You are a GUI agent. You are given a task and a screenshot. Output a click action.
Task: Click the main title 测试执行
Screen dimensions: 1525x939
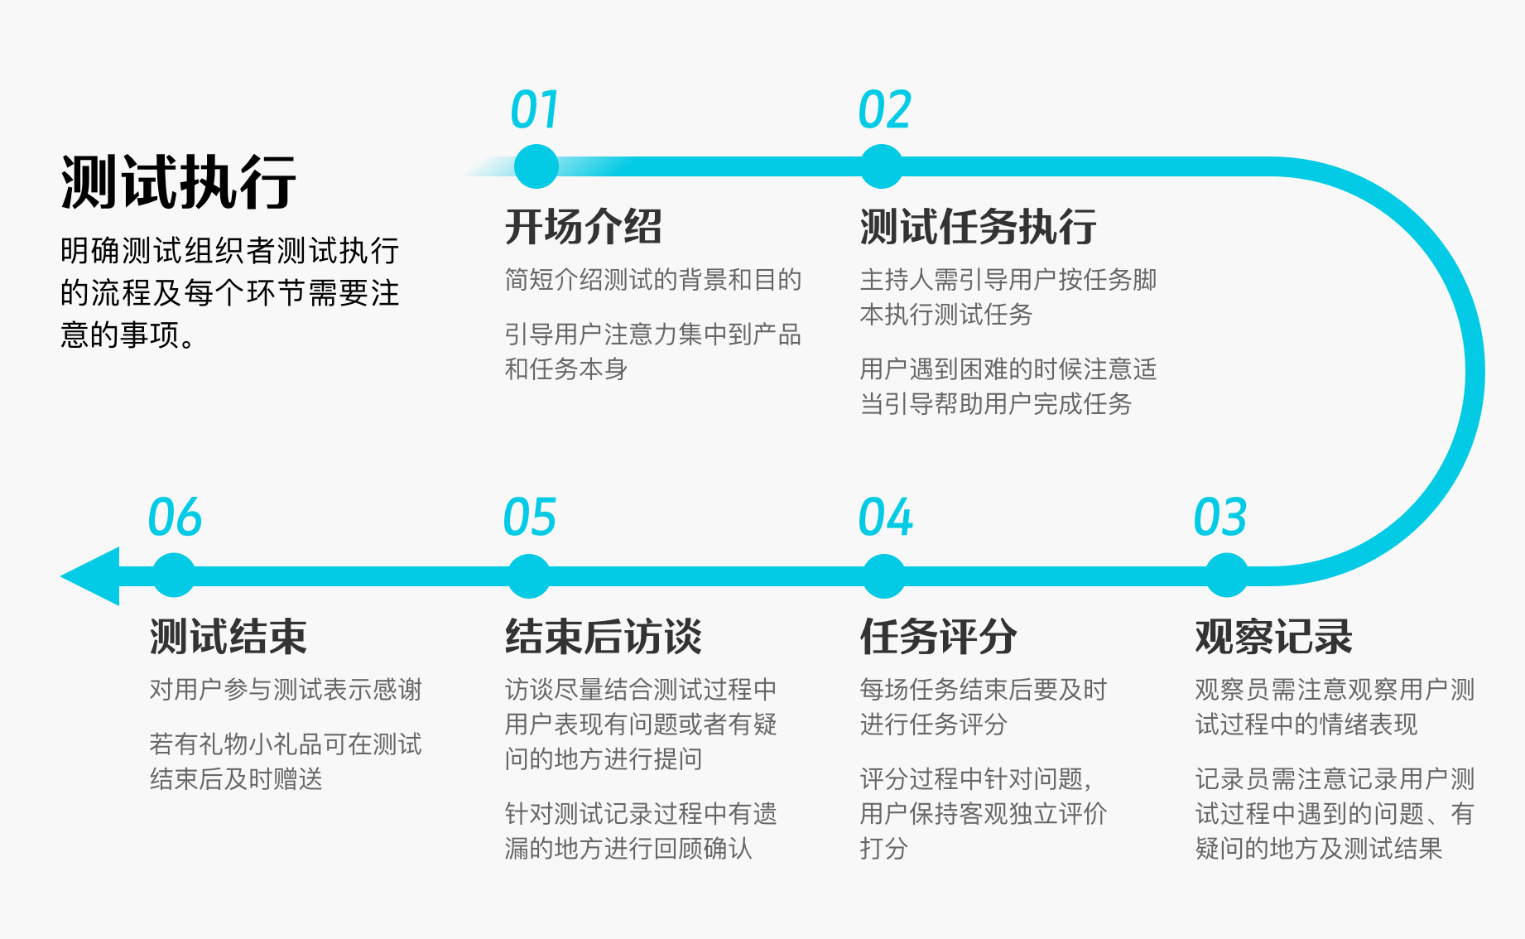(178, 182)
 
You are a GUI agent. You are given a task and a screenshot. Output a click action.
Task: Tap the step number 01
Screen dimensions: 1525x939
(535, 110)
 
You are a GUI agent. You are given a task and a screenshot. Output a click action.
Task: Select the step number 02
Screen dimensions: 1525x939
(884, 110)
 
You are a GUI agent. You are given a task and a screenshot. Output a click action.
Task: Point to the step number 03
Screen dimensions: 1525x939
(1220, 518)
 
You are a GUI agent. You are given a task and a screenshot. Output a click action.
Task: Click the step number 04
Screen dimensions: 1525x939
(885, 518)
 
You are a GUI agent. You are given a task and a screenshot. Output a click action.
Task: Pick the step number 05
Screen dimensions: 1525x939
(530, 518)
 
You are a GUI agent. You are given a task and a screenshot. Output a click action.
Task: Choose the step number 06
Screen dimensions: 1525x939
(175, 518)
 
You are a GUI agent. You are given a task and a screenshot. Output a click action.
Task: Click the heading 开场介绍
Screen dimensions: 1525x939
(583, 227)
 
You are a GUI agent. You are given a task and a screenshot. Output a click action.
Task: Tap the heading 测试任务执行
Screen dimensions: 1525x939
(978, 227)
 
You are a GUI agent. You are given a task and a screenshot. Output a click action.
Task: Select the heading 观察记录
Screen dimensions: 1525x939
(1273, 637)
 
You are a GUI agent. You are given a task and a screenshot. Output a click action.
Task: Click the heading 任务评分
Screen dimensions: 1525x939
(938, 637)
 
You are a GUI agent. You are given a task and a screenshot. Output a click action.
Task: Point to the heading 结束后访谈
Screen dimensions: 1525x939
(603, 637)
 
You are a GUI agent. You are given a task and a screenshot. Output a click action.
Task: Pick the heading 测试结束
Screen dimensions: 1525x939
(228, 637)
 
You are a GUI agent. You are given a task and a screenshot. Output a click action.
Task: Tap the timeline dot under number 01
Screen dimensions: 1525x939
(536, 166)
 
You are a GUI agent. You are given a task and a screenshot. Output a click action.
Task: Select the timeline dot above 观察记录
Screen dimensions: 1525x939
(1226, 575)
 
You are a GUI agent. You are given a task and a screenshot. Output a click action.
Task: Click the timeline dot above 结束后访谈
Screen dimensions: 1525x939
(528, 576)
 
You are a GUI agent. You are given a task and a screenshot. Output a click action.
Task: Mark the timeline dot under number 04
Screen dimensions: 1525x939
(883, 576)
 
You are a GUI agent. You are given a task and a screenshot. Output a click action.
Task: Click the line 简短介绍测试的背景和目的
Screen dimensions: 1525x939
(652, 280)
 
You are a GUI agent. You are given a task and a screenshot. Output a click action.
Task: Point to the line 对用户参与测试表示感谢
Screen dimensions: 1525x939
(286, 690)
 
